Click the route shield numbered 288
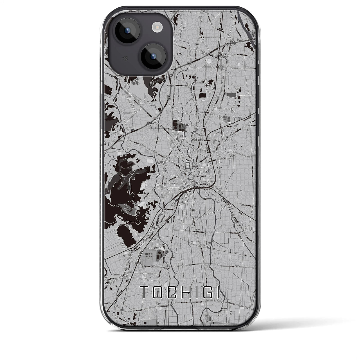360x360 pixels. pyautogui.click(x=216, y=57)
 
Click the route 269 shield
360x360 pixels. pyautogui.click(x=136, y=206)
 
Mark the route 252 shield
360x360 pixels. pyautogui.click(x=167, y=252)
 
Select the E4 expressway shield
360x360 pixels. pyautogui.click(x=169, y=97)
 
